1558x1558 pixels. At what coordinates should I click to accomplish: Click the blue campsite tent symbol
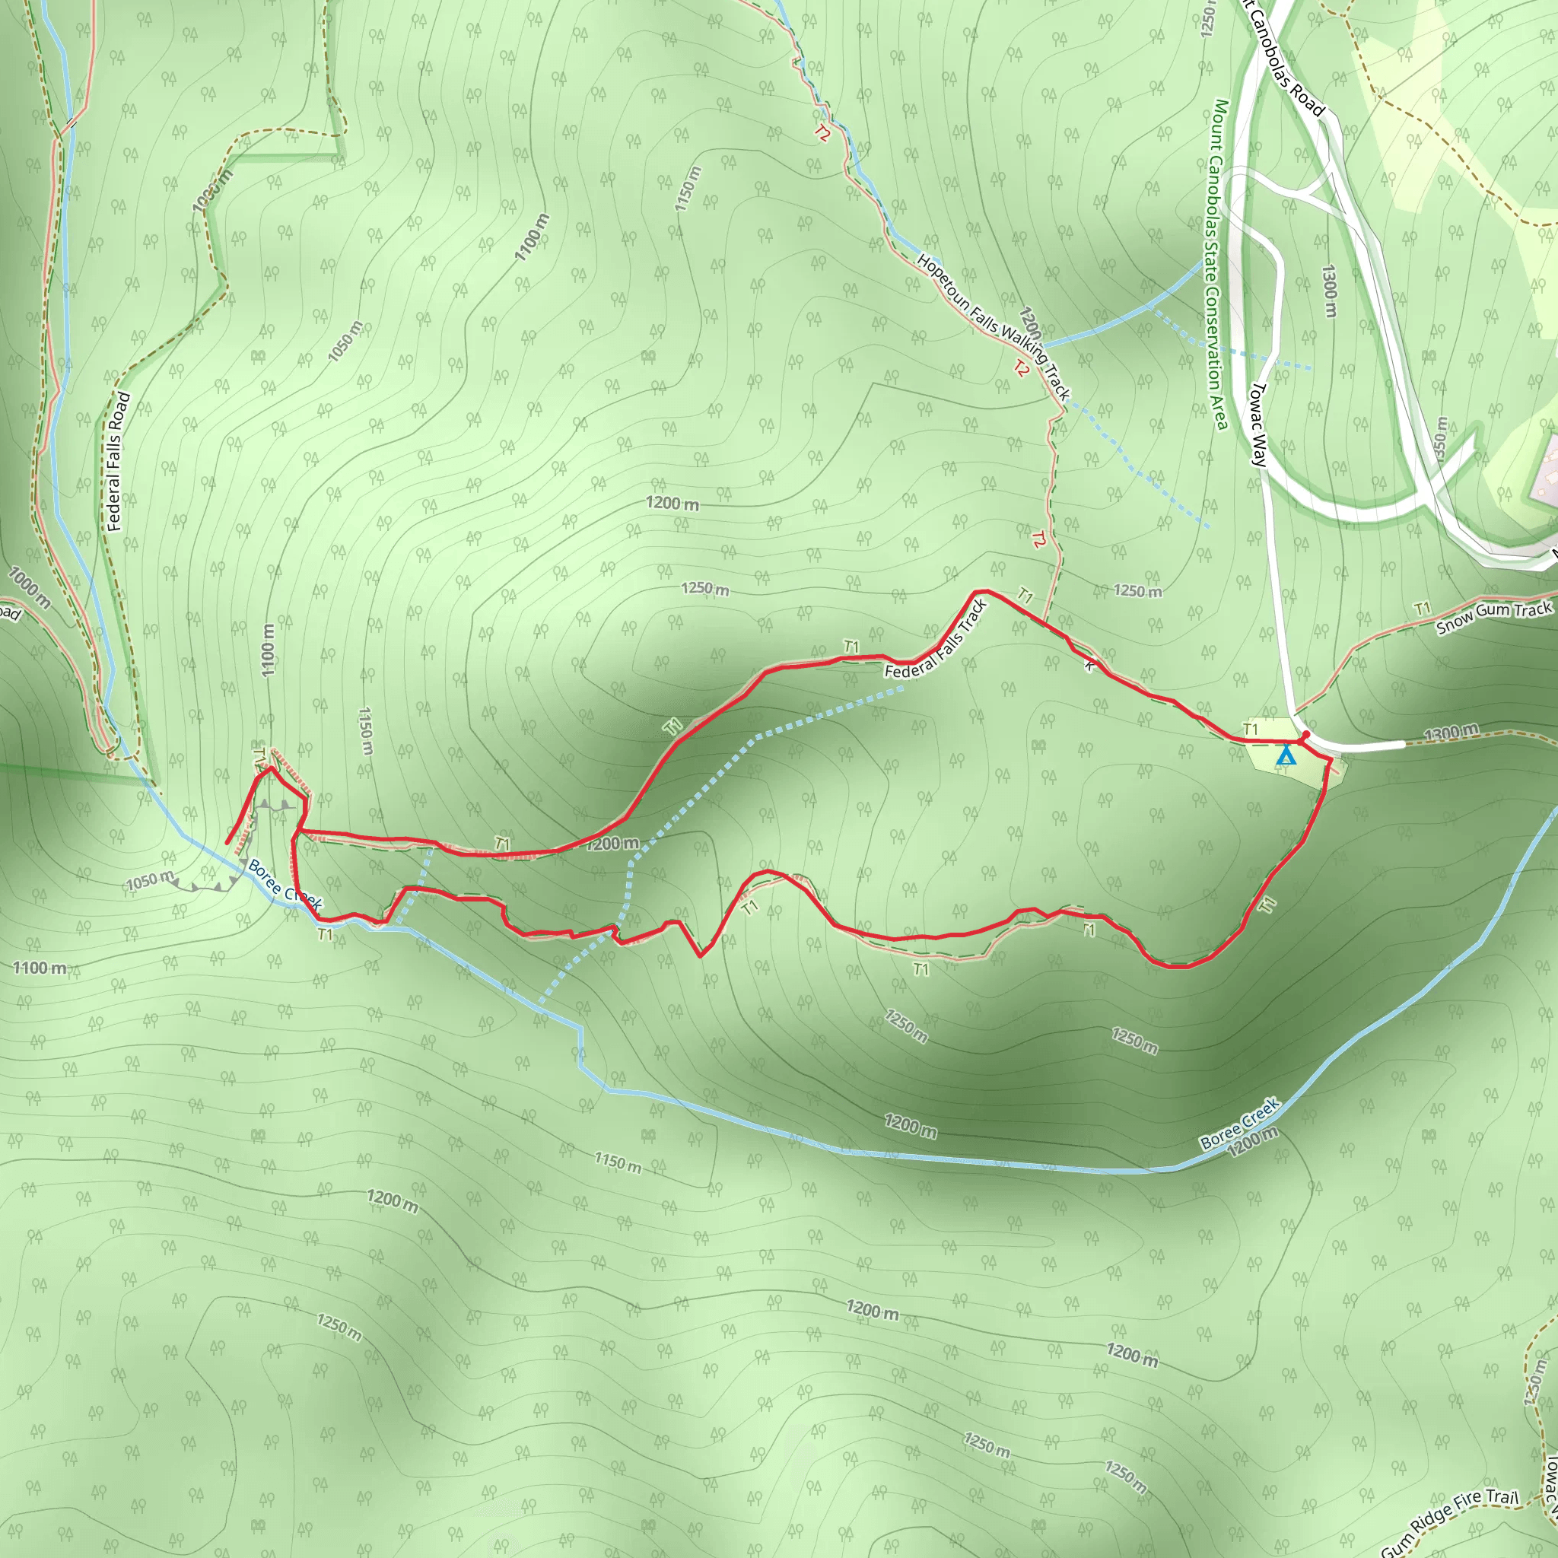[x=1286, y=756]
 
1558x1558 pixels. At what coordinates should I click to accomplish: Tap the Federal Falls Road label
[x=118, y=461]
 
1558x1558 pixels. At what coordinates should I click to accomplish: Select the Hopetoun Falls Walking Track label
[x=994, y=326]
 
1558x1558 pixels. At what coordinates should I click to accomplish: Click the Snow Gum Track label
[x=1493, y=618]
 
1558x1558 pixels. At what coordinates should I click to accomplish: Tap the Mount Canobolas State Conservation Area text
[x=1218, y=265]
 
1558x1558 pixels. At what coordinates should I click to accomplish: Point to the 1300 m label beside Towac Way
[x=1329, y=291]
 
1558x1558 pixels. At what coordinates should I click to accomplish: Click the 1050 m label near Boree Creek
[x=150, y=881]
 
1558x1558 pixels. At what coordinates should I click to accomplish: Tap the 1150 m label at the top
[x=688, y=189]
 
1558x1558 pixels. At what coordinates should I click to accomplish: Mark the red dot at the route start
[x=1305, y=735]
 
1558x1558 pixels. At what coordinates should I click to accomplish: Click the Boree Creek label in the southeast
[x=1239, y=1123]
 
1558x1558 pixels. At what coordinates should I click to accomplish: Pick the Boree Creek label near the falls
[x=285, y=885]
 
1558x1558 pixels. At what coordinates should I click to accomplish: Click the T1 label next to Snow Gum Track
[x=1422, y=608]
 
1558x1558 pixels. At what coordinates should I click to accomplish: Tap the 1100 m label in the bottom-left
[x=39, y=968]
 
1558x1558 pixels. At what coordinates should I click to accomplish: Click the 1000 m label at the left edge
[x=29, y=587]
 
